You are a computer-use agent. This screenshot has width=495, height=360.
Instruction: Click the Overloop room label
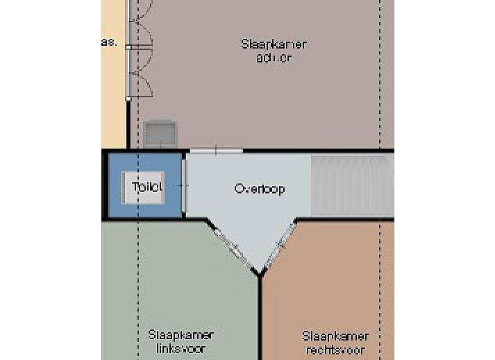tap(259, 189)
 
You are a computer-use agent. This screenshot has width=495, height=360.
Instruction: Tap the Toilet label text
tap(146, 187)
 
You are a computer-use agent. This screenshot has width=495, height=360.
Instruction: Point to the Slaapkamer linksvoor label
tap(180, 341)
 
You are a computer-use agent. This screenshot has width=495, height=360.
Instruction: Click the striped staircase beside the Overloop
tap(351, 185)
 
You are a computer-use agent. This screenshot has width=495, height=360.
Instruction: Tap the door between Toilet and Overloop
tap(185, 186)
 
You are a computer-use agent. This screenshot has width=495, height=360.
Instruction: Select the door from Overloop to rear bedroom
tap(216, 150)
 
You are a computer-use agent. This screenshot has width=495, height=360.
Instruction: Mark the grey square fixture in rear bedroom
tap(160, 132)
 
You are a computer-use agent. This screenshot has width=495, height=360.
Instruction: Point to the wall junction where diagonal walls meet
tap(260, 274)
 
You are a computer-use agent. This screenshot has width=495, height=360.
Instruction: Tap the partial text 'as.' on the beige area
tap(108, 42)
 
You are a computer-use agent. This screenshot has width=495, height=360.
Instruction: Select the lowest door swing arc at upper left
tap(141, 85)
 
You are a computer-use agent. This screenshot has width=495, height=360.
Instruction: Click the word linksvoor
tap(180, 348)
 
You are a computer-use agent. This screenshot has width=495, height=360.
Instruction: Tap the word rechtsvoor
tap(335, 350)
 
